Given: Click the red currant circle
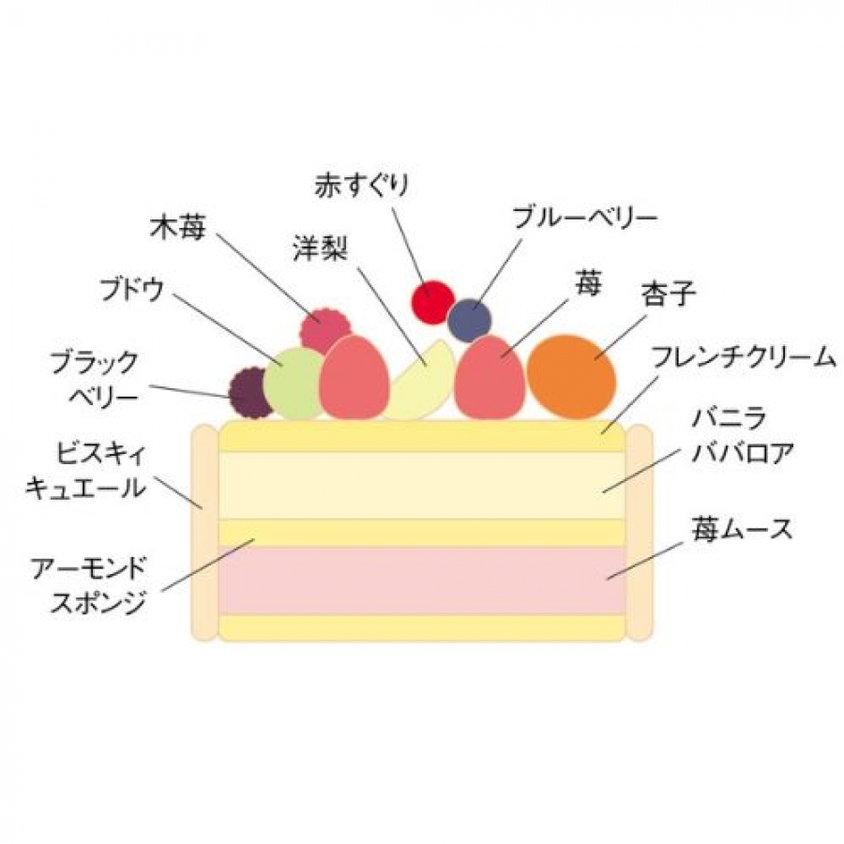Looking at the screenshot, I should pos(432,303).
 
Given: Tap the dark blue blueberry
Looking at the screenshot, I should pos(469,321).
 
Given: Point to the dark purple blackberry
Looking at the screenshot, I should pos(251,393).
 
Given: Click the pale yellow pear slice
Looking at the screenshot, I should pos(422,384).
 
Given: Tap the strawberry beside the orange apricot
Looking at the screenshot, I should pos(489,376).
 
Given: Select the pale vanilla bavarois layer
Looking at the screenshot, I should pos(422,485).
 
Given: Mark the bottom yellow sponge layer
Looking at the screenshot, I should pos(422,627).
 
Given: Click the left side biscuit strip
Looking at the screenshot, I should pos(203,532).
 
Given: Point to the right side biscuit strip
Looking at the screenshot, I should pos(639,532).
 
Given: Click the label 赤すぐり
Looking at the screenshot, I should pos(362,186).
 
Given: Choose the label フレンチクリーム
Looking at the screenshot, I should pos(742,357).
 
